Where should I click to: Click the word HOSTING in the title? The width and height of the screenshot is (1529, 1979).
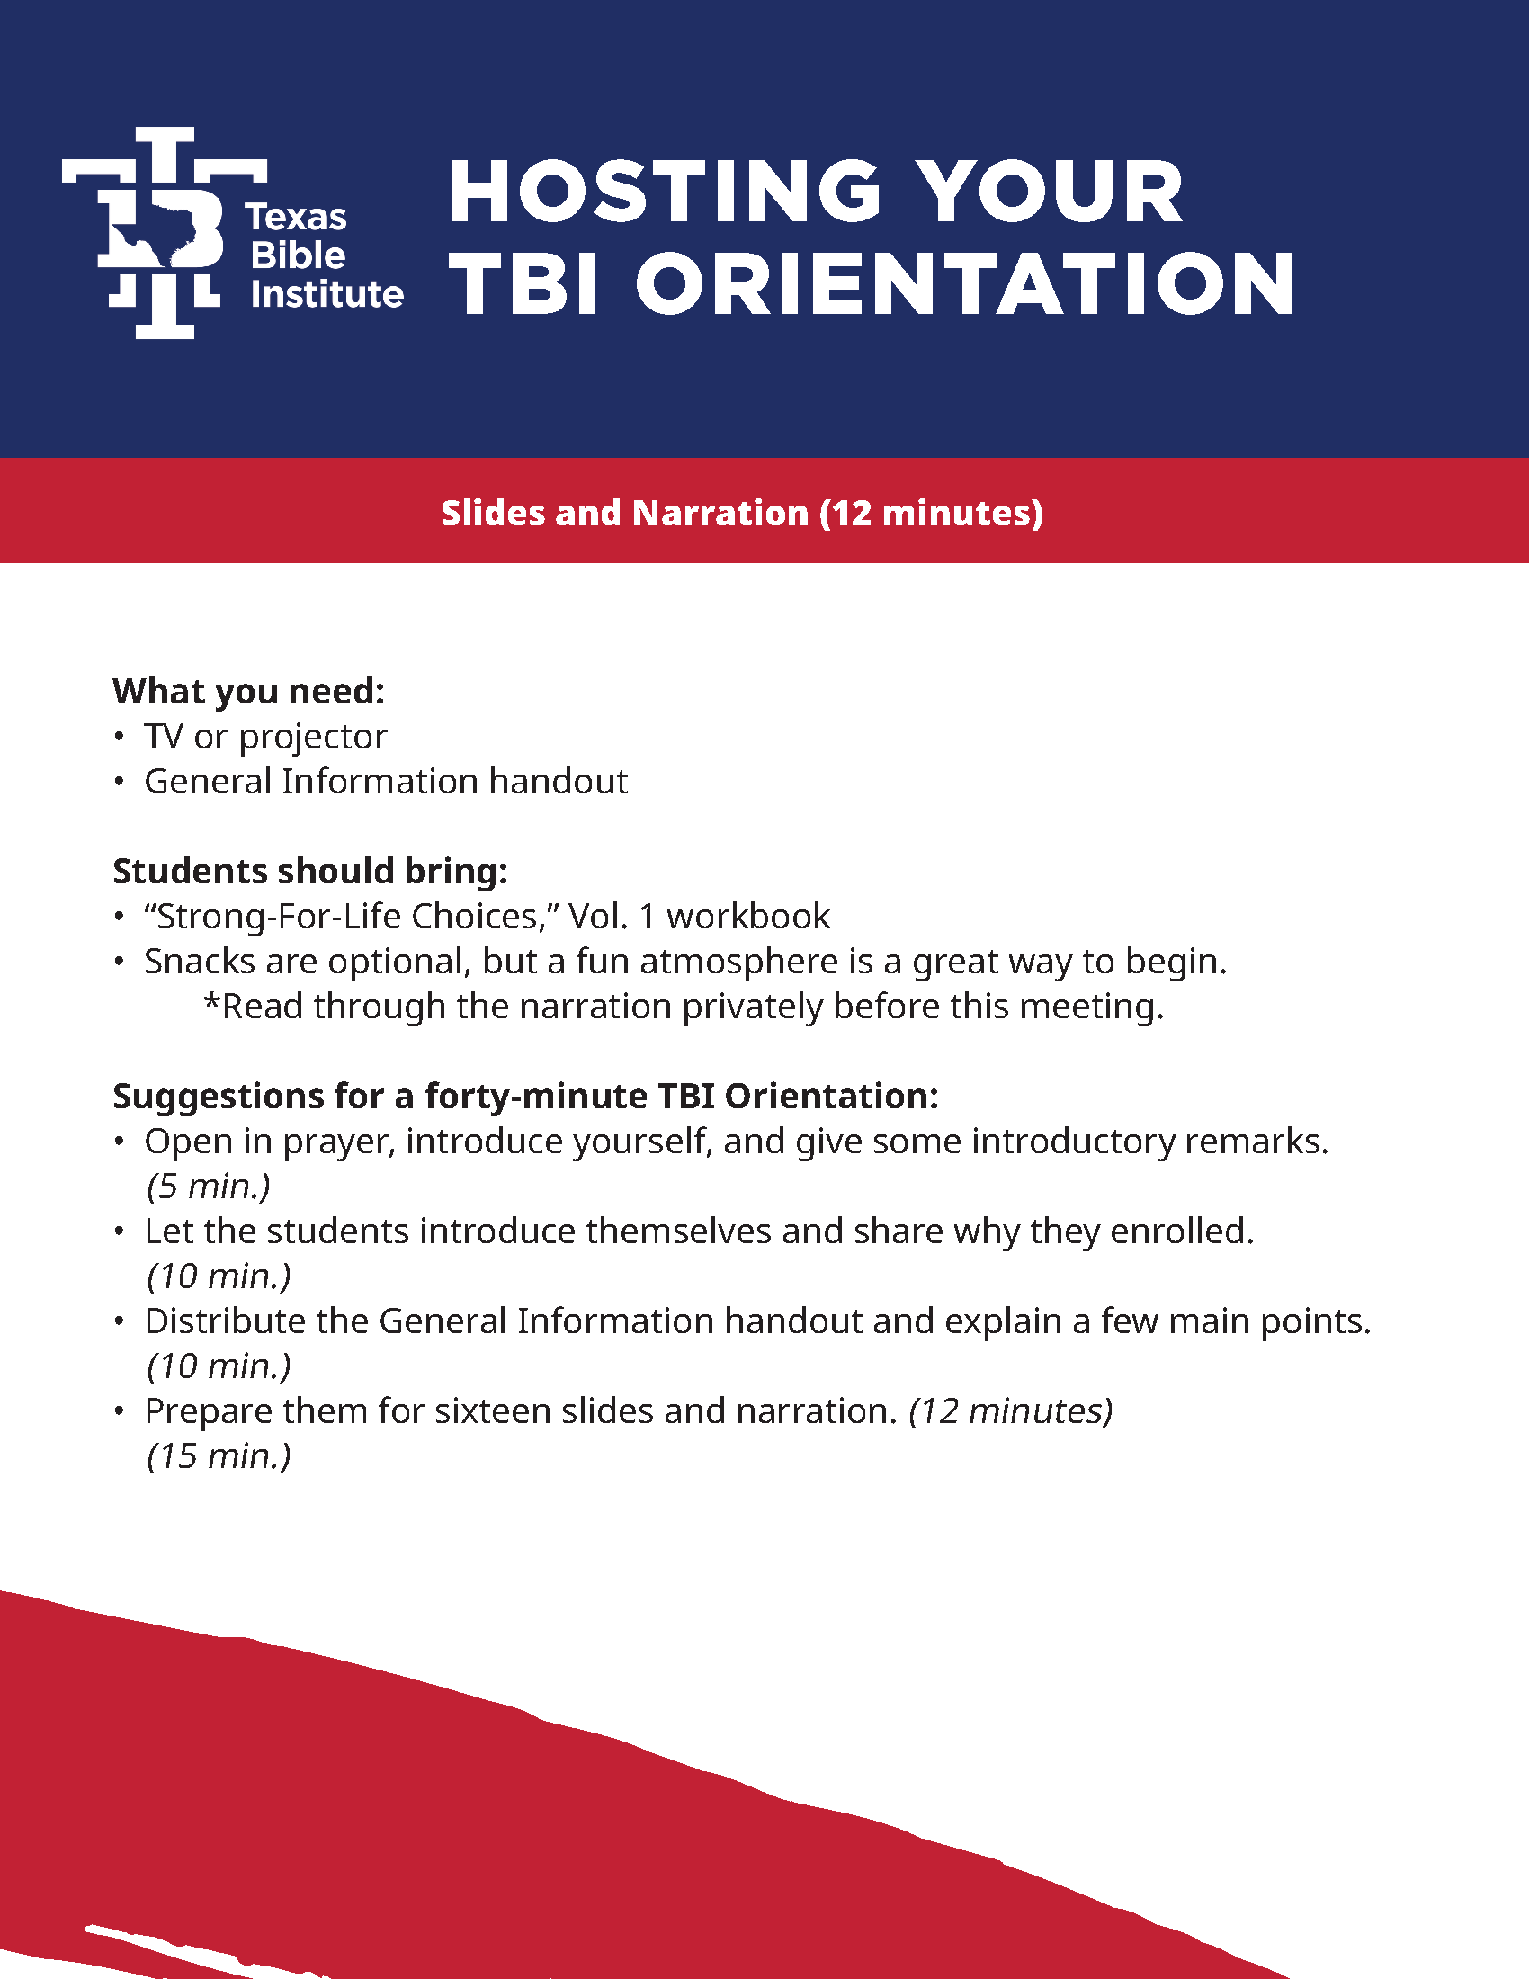pyautogui.click(x=665, y=192)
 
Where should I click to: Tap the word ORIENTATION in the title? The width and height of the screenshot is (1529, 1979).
pyautogui.click(x=966, y=283)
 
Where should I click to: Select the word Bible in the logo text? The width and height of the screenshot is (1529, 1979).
pyautogui.click(x=298, y=255)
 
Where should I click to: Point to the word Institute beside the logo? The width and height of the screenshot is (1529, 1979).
pyautogui.click(x=327, y=294)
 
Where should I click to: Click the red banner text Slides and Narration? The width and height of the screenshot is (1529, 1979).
pyautogui.click(x=625, y=513)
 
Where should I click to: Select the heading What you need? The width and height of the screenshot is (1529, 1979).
pyautogui.click(x=249, y=692)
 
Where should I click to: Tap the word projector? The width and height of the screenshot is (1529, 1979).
pyautogui.click(x=312, y=739)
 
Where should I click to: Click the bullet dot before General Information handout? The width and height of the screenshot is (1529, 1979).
pyautogui.click(x=119, y=782)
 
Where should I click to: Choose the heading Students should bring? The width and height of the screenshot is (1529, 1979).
pyautogui.click(x=309, y=872)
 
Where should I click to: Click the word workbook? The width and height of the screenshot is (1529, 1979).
pyautogui.click(x=748, y=916)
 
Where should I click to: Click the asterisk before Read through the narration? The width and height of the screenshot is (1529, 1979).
pyautogui.click(x=212, y=1000)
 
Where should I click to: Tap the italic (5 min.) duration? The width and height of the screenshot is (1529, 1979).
pyautogui.click(x=209, y=1187)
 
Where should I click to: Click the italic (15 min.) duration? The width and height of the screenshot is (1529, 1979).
pyautogui.click(x=219, y=1456)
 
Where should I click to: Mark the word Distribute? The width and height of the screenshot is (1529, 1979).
pyautogui.click(x=226, y=1321)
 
